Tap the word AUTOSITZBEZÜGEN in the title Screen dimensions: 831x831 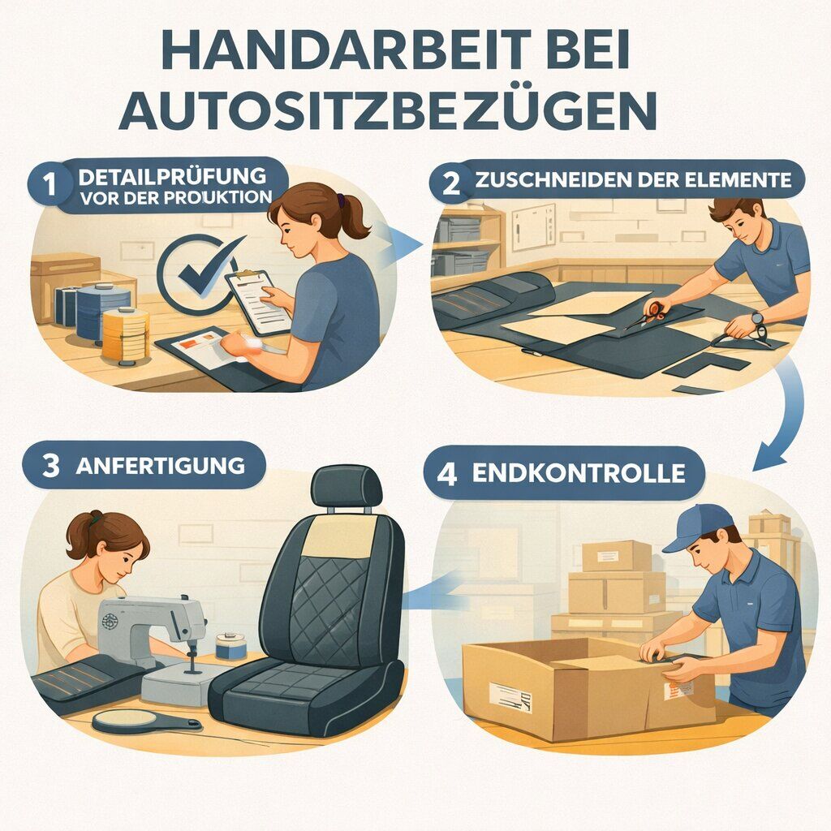pyautogui.click(x=387, y=111)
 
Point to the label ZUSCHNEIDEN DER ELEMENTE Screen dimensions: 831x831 pyautogui.click(x=631, y=180)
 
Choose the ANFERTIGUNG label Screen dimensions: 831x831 pyautogui.click(x=159, y=466)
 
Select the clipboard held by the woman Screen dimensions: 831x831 pyautogui.click(x=258, y=301)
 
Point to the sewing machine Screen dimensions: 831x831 pyautogui.click(x=154, y=633)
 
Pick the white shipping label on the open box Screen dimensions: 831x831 pyautogui.click(x=510, y=696)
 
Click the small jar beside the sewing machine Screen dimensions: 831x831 pyautogui.click(x=232, y=647)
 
